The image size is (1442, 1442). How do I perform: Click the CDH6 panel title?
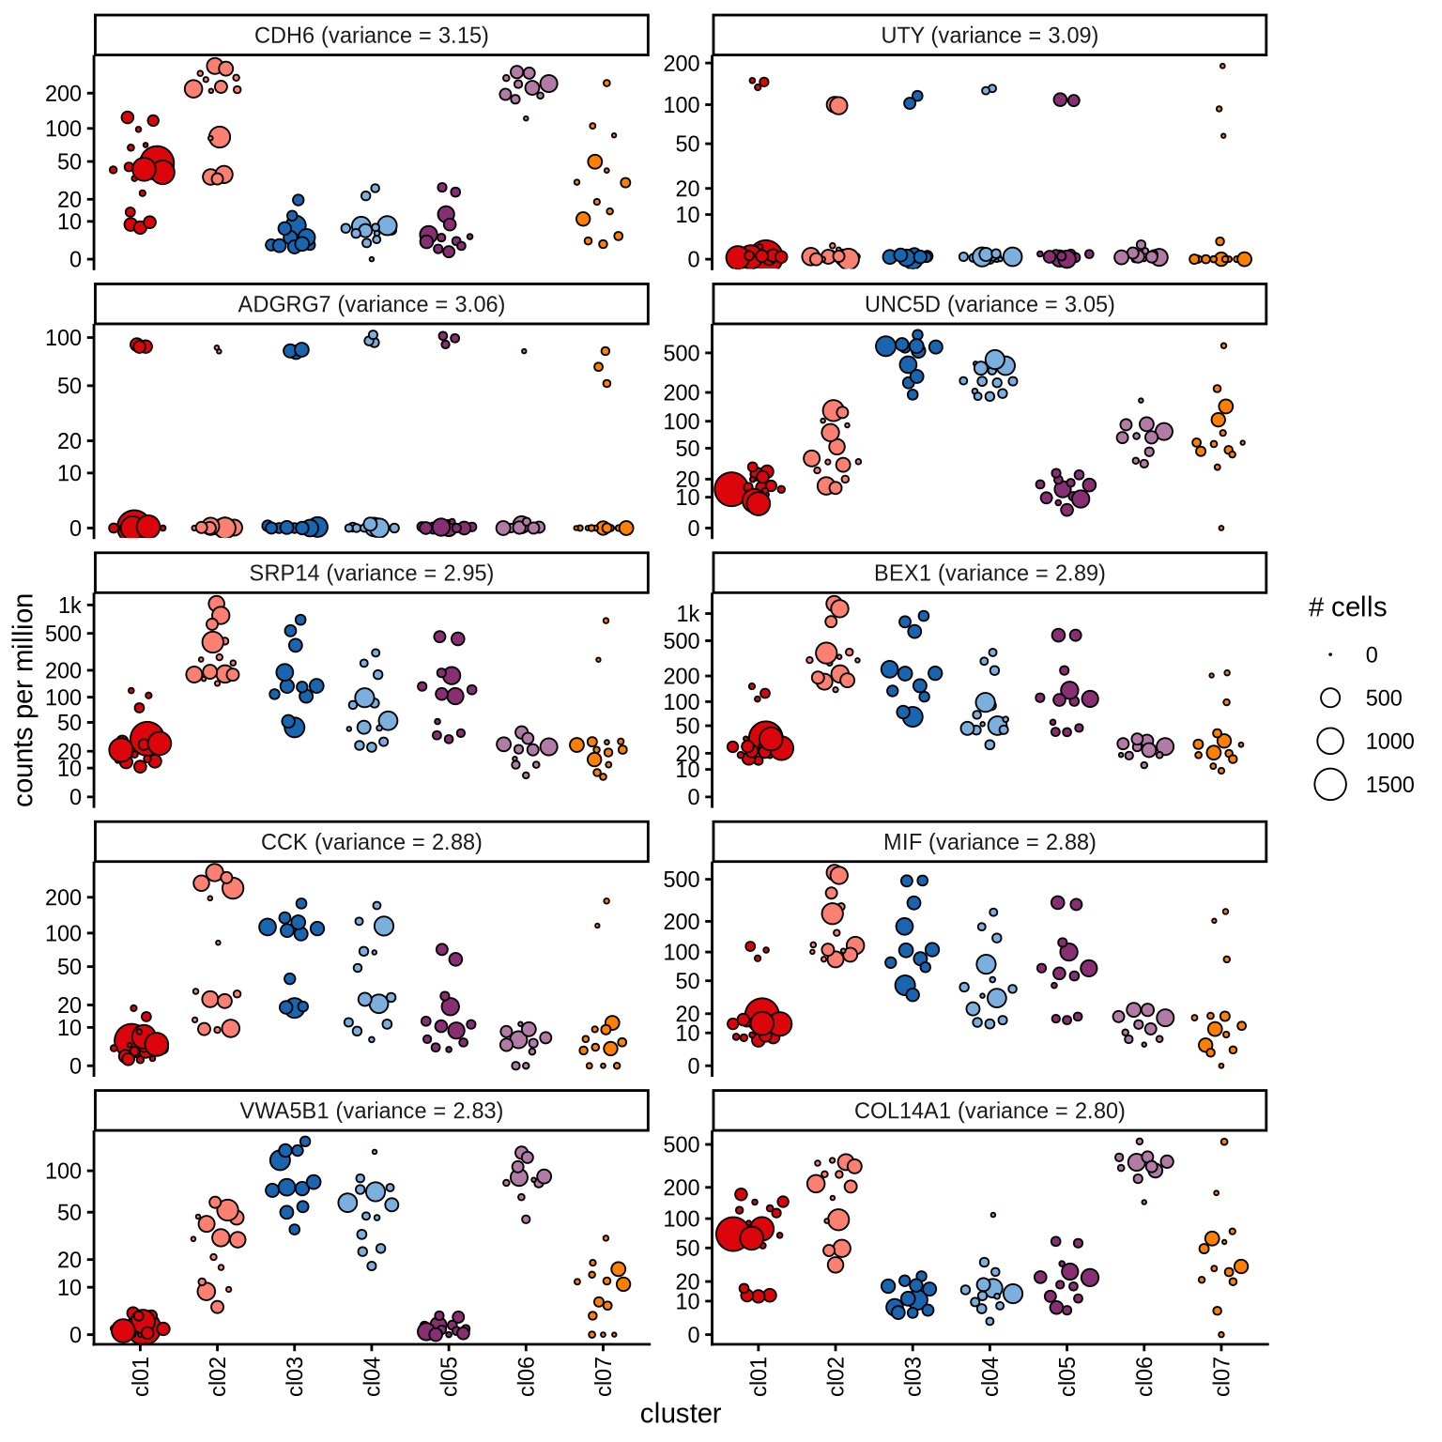371,36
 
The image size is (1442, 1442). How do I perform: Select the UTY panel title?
989,36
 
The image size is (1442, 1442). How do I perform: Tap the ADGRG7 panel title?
371,304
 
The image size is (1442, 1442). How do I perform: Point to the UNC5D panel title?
989,304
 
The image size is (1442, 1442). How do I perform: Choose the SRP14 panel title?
371,573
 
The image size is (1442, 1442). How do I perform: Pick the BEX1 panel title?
989,573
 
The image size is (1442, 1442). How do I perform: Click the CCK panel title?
371,842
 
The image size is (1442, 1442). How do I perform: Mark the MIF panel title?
989,842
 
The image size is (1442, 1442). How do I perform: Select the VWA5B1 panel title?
371,1111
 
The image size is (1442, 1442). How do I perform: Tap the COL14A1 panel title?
989,1111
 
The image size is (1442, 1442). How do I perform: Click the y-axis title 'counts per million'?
24,699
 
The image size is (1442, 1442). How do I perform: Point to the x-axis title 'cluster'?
681,1414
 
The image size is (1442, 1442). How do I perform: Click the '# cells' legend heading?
1347,607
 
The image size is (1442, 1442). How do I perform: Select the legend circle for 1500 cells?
1330,784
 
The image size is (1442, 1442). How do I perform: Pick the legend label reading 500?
1384,698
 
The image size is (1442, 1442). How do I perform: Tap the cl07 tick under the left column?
604,1375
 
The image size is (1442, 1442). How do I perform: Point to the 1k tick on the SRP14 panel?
70,606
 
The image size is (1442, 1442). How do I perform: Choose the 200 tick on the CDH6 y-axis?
64,93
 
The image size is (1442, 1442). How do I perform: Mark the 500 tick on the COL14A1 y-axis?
682,1144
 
